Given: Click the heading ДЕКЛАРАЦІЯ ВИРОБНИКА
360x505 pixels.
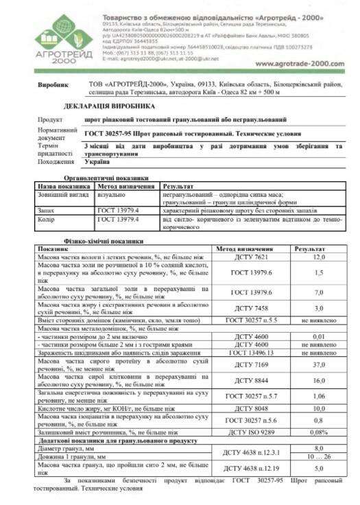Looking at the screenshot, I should point(110,106).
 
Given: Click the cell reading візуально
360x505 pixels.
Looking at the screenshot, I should point(110,195).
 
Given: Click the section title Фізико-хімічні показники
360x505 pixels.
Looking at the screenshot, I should point(103,242).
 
